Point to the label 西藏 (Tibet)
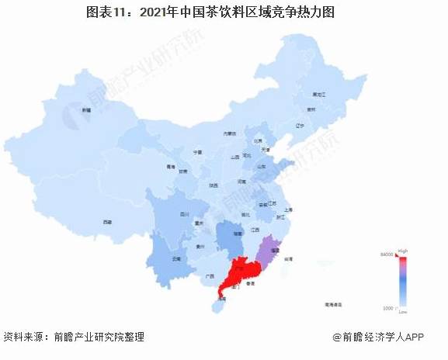coord(107,222)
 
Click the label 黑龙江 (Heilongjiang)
coord(319,94)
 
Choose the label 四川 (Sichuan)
coord(185,213)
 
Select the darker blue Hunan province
coord(227,235)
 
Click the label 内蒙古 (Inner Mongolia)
coord(229,133)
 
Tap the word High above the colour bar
coord(402,251)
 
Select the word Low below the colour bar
coord(402,312)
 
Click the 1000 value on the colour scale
coord(387,308)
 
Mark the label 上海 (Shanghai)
coord(288,209)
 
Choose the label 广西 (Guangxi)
coord(209,275)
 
